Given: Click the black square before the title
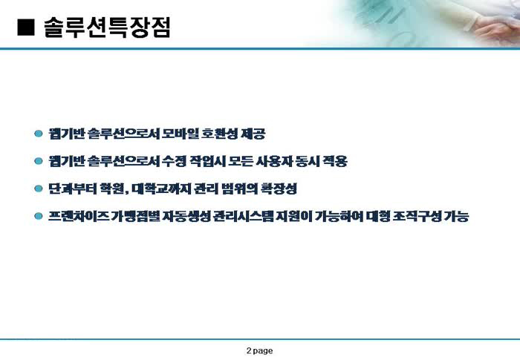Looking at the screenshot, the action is (26, 27).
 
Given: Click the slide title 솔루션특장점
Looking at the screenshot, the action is (107, 27).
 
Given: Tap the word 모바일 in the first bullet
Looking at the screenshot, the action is (180, 134).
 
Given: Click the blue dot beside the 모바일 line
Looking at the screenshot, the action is (39, 134).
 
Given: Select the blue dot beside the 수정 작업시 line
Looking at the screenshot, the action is (39, 161).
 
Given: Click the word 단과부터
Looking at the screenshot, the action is (72, 189).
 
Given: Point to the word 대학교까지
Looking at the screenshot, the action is (161, 189).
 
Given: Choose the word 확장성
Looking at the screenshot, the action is (279, 189).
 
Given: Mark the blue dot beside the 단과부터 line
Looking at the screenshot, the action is (39, 189).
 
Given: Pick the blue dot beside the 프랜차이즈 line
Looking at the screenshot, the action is (39, 216).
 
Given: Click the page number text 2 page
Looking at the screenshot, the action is (260, 350).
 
